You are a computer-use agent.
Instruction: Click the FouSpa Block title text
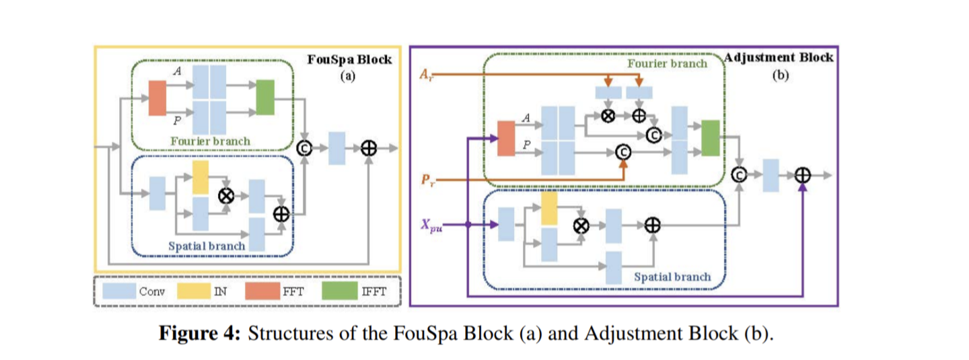pyautogui.click(x=349, y=59)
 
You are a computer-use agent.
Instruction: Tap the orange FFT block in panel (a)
pyautogui.click(x=157, y=97)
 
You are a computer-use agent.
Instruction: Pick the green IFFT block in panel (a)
pyautogui.click(x=266, y=97)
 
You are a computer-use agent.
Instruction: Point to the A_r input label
pyautogui.click(x=427, y=73)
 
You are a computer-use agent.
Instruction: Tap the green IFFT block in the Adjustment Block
pyautogui.click(x=710, y=139)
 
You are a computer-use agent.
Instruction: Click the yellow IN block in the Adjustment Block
pyautogui.click(x=549, y=209)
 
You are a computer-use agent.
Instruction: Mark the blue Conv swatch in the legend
pyautogui.click(x=119, y=291)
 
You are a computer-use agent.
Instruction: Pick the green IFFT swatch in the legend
pyautogui.click(x=338, y=291)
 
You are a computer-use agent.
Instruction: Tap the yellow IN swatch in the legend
pyautogui.click(x=192, y=291)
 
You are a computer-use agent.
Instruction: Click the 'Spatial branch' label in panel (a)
pyautogui.click(x=207, y=246)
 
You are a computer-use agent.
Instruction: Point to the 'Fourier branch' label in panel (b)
pyautogui.click(x=667, y=63)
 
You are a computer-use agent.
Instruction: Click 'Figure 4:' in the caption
pyautogui.click(x=199, y=334)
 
